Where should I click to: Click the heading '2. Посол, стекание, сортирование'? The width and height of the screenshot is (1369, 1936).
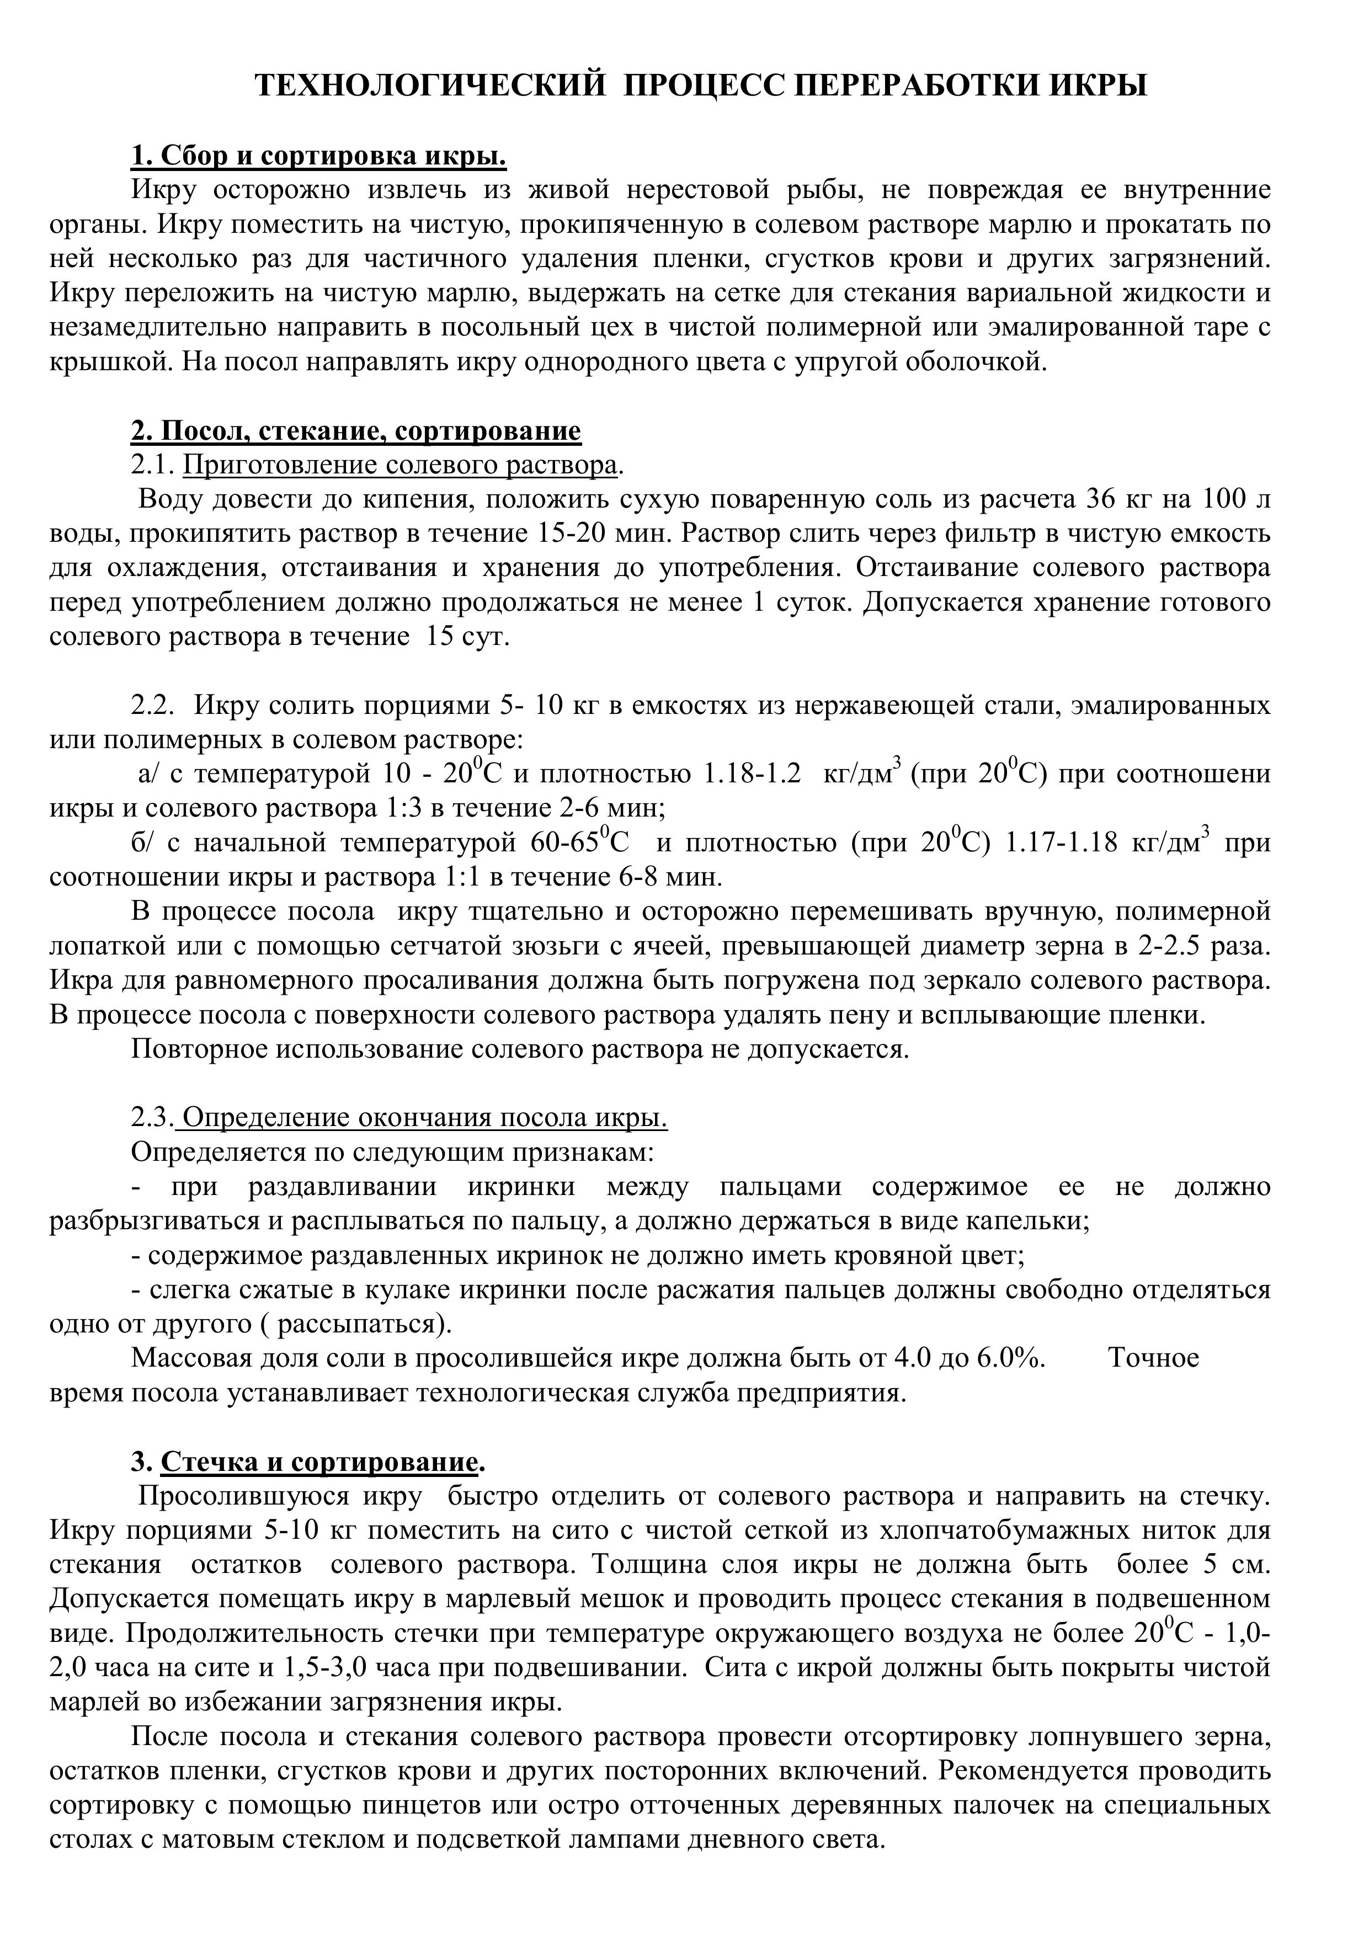point(355,431)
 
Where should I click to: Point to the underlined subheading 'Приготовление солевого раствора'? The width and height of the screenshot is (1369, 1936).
point(401,466)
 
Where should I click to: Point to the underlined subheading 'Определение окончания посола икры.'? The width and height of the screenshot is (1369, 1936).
point(425,1118)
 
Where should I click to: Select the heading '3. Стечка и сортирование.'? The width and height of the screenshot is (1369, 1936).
point(308,1462)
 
